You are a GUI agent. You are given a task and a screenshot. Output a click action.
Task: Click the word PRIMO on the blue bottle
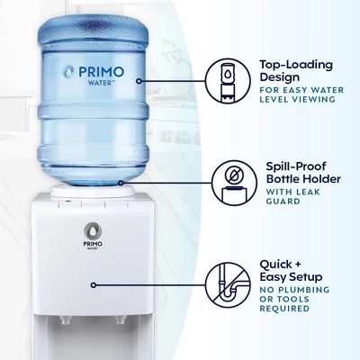point(101,72)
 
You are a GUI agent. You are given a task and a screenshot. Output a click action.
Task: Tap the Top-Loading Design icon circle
point(228,81)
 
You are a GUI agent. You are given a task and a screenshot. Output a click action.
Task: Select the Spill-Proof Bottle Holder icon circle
point(234,183)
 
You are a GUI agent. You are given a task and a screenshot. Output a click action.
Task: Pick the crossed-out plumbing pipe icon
point(228,285)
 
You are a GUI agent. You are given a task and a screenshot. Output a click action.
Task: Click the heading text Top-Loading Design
point(296,71)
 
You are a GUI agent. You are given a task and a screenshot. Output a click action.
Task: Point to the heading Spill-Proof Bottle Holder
point(303,173)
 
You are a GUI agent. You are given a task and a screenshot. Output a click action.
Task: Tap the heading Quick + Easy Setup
point(291,271)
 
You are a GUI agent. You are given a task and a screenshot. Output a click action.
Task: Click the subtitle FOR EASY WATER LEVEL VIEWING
point(301,94)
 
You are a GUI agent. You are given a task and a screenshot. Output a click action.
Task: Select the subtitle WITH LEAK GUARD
point(293,196)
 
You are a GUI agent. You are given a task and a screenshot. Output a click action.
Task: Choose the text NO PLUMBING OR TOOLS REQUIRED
point(294,299)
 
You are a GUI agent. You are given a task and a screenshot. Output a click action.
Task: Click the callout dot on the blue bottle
point(139,81)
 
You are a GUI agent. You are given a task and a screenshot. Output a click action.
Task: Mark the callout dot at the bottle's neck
point(121,183)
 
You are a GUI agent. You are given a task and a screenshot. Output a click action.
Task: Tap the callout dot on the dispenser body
point(94,285)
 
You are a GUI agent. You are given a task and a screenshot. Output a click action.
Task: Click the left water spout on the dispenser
point(64,320)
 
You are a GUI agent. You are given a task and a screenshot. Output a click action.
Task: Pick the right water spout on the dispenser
point(120,320)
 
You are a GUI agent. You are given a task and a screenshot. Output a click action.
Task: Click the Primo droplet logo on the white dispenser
point(93,231)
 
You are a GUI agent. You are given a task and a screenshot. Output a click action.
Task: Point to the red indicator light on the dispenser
point(68,201)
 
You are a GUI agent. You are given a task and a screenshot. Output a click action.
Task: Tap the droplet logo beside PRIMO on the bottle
point(68,72)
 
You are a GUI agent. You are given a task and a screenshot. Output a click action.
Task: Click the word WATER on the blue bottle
point(100,83)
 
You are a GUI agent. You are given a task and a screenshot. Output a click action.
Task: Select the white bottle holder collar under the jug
point(93,192)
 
